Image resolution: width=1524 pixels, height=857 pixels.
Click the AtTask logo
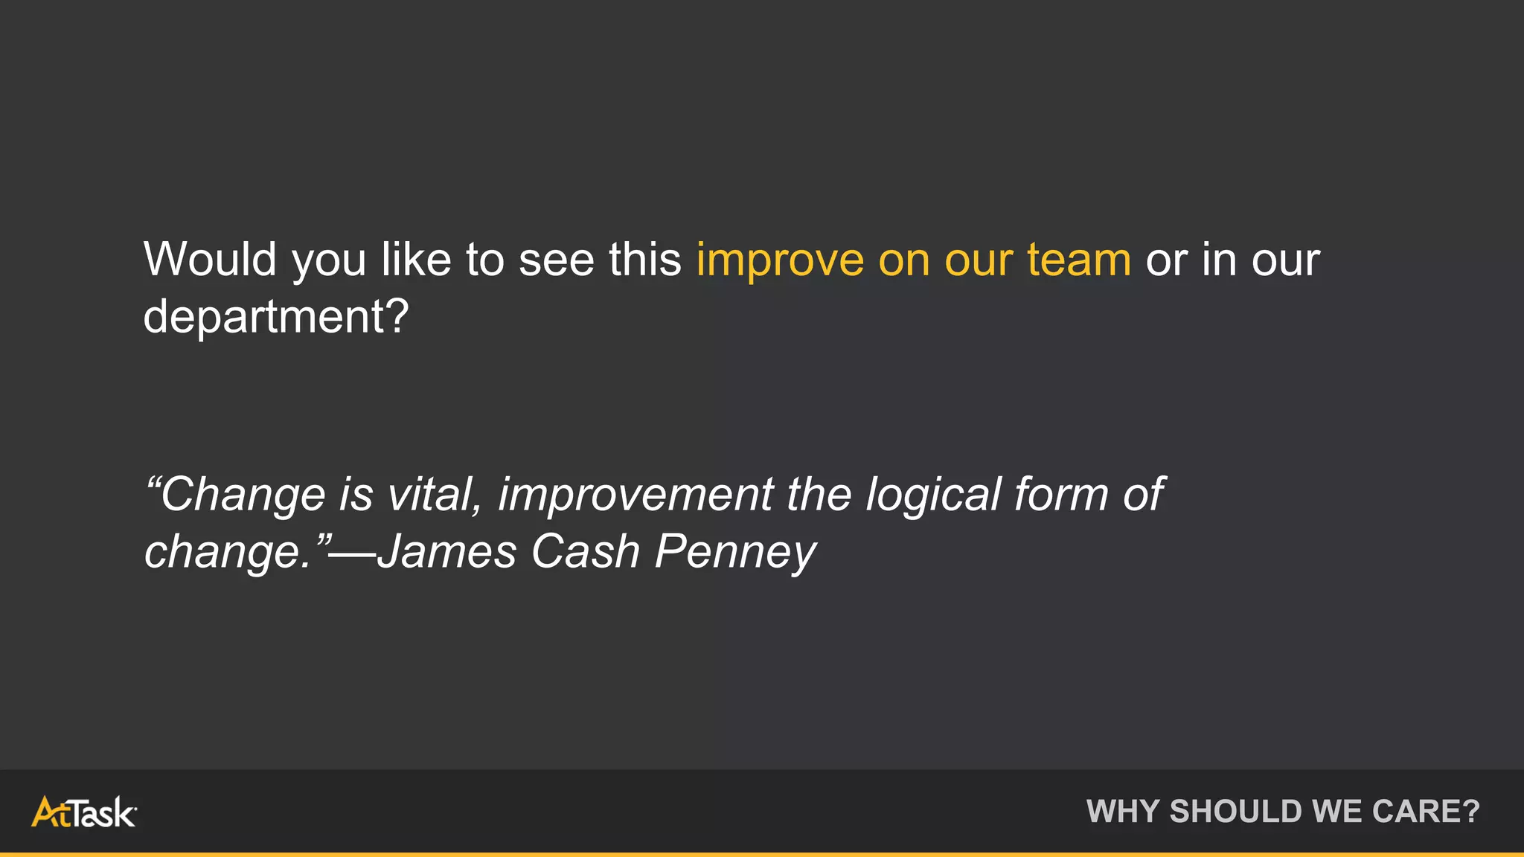[83, 812]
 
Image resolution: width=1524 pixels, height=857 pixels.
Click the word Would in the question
[210, 260]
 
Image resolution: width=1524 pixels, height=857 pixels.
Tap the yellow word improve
[779, 261]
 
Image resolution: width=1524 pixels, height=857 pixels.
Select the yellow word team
[1079, 260]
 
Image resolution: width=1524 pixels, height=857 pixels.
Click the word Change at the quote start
[242, 494]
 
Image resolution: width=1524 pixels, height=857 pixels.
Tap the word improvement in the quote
[635, 494]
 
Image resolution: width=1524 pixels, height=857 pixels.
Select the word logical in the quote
[933, 494]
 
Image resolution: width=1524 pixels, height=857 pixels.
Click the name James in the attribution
[446, 551]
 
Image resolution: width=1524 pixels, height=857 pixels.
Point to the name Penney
[735, 553]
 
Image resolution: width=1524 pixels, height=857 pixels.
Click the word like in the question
[416, 260]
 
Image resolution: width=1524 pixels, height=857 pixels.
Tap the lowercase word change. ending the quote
[227, 553]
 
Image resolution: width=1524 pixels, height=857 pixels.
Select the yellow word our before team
[979, 261]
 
